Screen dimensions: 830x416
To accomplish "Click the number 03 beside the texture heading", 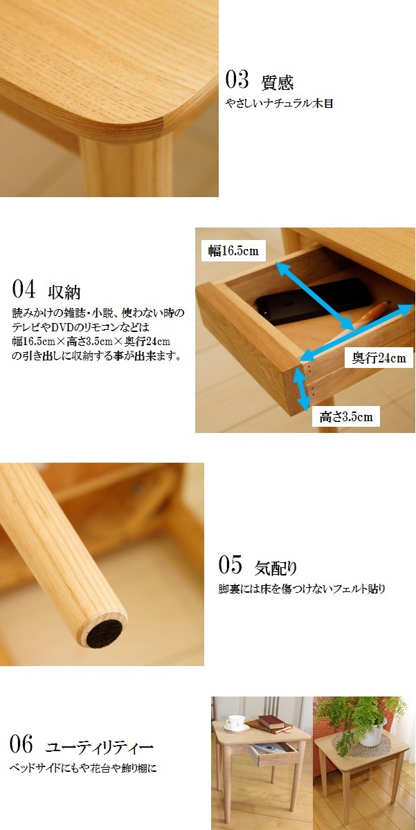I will pyautogui.click(x=237, y=80).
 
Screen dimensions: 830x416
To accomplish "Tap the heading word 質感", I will pyautogui.click(x=278, y=83).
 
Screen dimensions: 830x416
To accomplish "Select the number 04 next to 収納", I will pyautogui.click(x=24, y=288).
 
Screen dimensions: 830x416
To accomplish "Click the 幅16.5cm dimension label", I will pyautogui.click(x=233, y=251).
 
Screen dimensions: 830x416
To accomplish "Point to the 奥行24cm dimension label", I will pyautogui.click(x=379, y=358).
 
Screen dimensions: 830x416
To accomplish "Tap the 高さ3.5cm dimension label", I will pyautogui.click(x=346, y=416).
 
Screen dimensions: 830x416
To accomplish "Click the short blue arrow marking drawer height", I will pyautogui.click(x=301, y=389).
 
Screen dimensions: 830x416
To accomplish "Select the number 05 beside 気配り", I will pyautogui.click(x=230, y=565).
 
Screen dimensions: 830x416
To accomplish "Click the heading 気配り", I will pyautogui.click(x=276, y=568).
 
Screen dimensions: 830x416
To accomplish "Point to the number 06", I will pyautogui.click(x=21, y=745).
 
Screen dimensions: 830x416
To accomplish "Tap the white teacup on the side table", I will pyautogui.click(x=237, y=722).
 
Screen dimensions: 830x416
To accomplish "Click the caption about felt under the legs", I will pyautogui.click(x=301, y=589).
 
